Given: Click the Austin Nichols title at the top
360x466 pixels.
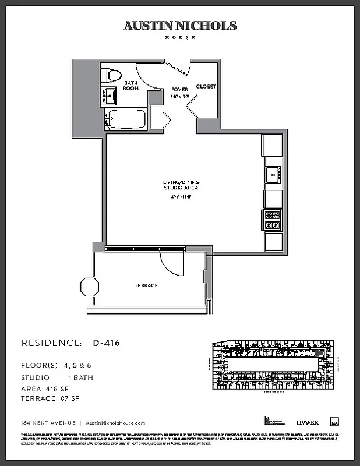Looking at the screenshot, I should (180, 26).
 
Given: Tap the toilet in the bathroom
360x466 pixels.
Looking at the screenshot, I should (111, 75).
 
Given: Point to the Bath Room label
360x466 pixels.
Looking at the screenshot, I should (130, 86).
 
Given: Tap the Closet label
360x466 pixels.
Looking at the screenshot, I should (206, 86).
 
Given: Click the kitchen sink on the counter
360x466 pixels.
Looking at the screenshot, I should (273, 174).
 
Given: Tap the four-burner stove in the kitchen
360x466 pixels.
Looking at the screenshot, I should (273, 220).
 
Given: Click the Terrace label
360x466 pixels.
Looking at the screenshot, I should (146, 285).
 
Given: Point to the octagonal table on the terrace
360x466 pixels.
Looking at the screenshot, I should (90, 287).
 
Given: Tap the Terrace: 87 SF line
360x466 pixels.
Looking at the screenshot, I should (50, 398).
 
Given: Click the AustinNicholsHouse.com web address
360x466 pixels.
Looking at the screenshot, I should (115, 423).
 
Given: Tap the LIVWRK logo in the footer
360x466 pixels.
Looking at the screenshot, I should (306, 422).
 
